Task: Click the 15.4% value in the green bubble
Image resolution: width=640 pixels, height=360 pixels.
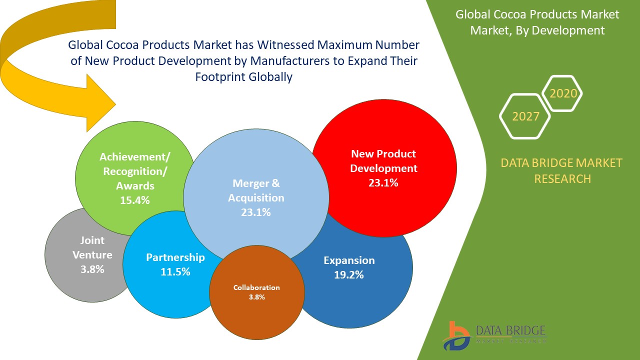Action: pyautogui.click(x=134, y=200)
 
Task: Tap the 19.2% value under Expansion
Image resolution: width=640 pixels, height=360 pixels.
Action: pyautogui.click(x=349, y=274)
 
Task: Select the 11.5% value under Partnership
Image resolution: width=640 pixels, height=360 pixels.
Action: pyautogui.click(x=175, y=272)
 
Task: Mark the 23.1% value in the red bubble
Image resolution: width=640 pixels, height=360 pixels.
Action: pyautogui.click(x=383, y=182)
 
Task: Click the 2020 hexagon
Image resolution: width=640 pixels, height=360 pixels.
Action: pyautogui.click(x=563, y=93)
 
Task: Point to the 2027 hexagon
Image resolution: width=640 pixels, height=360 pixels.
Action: pyautogui.click(x=525, y=116)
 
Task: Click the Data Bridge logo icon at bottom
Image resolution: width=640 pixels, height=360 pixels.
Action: pyautogui.click(x=456, y=336)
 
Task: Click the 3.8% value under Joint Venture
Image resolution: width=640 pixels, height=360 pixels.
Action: pyautogui.click(x=92, y=269)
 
